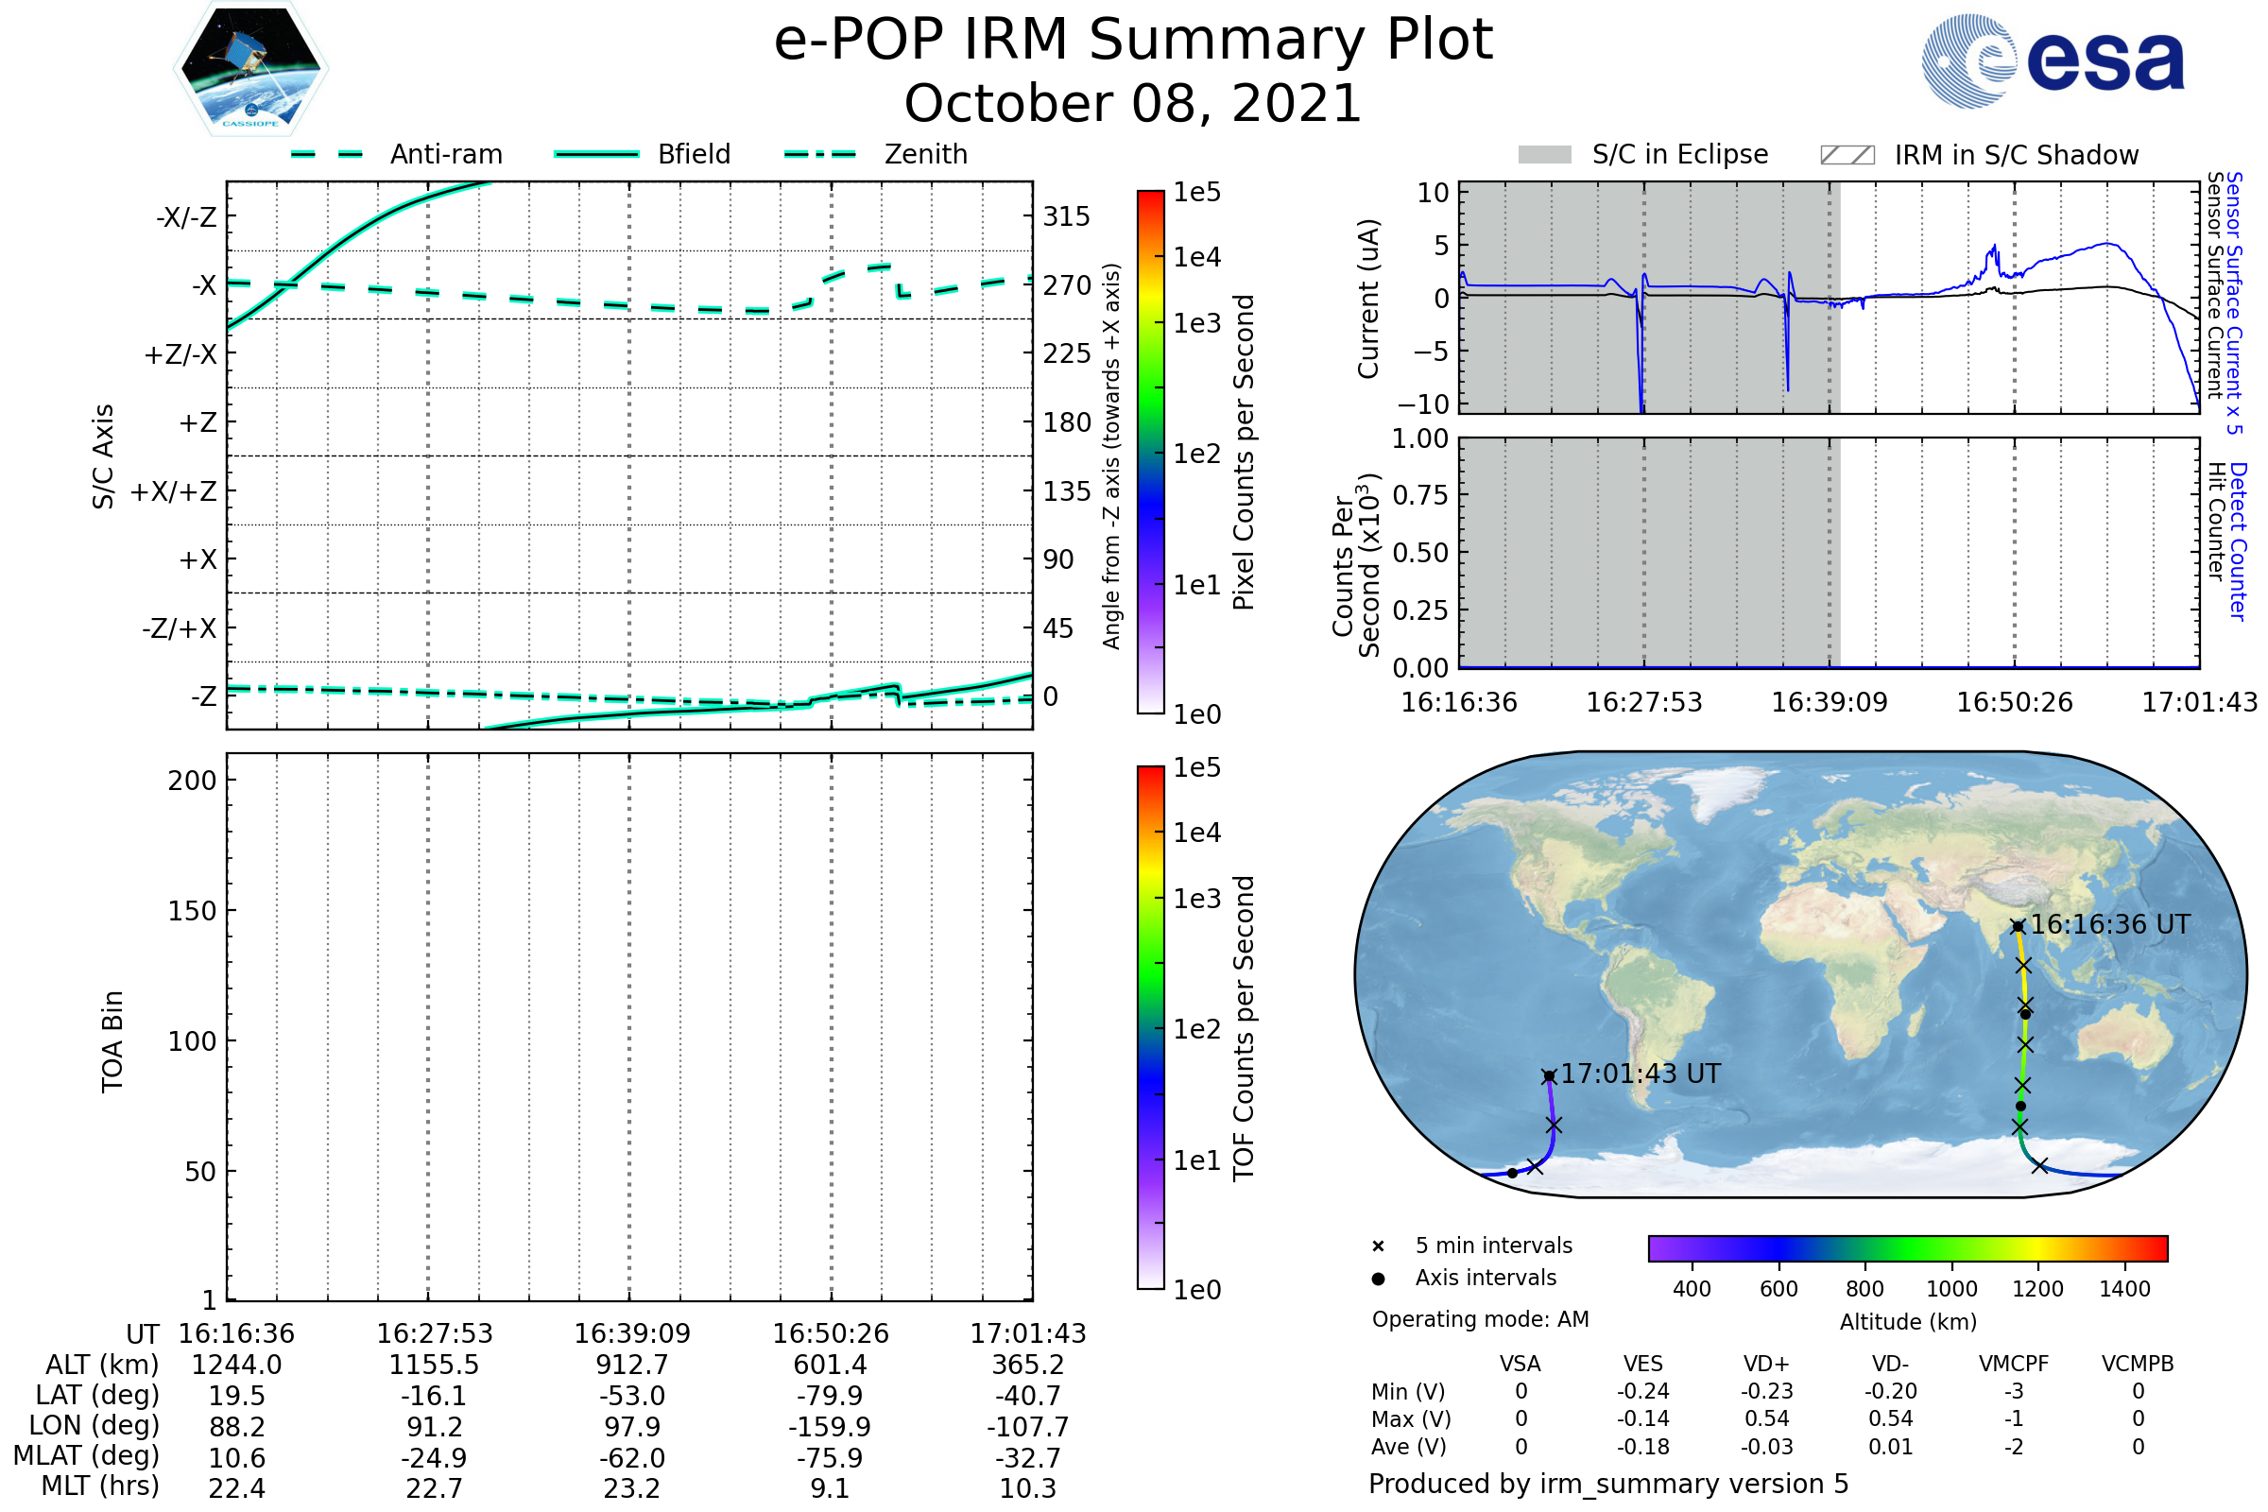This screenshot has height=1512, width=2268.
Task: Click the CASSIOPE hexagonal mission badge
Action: [x=250, y=67]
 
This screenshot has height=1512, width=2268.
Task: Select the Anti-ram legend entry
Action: [x=396, y=154]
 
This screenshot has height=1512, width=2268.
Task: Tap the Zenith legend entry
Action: [x=876, y=154]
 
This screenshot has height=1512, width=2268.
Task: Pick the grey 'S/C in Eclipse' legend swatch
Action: [x=1544, y=155]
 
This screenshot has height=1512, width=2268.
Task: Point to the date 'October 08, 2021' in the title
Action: [x=1133, y=103]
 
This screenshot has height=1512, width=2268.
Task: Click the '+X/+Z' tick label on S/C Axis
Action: [x=174, y=491]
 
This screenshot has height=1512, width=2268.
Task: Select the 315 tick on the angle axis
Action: [x=1066, y=216]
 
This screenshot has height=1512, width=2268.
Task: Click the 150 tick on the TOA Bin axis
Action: [x=192, y=911]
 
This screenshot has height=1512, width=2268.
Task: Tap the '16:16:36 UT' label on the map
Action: [x=2110, y=925]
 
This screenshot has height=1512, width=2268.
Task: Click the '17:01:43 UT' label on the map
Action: [x=1641, y=1074]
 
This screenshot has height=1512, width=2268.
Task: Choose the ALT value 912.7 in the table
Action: [x=632, y=1366]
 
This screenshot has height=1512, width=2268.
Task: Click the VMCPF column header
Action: [x=2014, y=1365]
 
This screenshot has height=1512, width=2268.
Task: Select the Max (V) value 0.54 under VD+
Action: [x=1766, y=1419]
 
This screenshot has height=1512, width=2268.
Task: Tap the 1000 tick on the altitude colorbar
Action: [x=1951, y=1289]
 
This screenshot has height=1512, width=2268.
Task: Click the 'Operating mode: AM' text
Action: [x=1480, y=1319]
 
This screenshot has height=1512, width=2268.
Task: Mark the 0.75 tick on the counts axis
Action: [x=1420, y=495]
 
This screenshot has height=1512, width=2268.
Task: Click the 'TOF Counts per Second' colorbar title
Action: [x=1244, y=1029]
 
